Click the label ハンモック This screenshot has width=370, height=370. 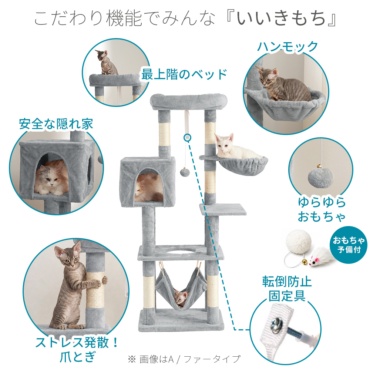click(x=287, y=47)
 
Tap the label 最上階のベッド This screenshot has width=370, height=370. click(x=184, y=74)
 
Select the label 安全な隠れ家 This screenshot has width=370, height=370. click(x=56, y=124)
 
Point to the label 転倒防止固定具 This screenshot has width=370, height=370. click(x=287, y=289)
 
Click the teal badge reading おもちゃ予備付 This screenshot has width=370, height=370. click(x=349, y=245)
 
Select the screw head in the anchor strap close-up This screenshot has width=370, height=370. click(x=276, y=323)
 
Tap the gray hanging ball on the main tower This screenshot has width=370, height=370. click(x=185, y=172)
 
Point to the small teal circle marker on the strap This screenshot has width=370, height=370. click(x=187, y=137)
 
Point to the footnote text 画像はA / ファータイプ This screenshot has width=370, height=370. click(x=190, y=359)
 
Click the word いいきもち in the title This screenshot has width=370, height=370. click(x=281, y=18)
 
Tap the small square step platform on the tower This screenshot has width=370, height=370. click(x=223, y=209)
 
